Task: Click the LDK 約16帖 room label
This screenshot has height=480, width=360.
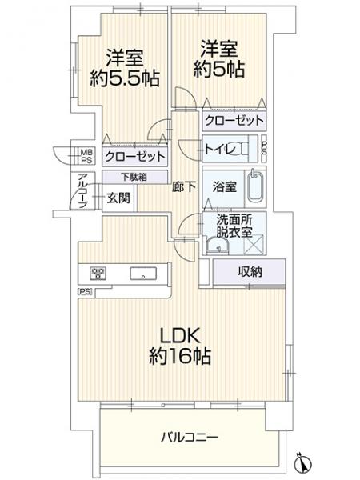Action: tap(180, 346)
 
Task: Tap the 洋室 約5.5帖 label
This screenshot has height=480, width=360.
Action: tap(125, 68)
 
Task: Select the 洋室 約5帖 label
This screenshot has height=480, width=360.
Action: tap(219, 59)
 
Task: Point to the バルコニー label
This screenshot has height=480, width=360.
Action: tap(190, 437)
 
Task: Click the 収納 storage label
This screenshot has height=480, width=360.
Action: tap(250, 271)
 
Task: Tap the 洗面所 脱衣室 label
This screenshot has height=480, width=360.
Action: tap(234, 226)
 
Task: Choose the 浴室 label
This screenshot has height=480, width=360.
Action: tap(224, 186)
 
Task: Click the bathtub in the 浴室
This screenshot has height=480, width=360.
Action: tap(256, 186)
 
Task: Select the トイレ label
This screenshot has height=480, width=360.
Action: tap(219, 150)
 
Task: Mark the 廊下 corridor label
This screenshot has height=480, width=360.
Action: tap(184, 186)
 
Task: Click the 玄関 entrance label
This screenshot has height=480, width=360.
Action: tap(118, 198)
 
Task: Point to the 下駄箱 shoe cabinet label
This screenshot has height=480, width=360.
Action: tap(134, 177)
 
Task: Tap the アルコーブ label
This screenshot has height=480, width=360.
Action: tap(82, 190)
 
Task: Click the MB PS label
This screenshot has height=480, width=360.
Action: tap(86, 155)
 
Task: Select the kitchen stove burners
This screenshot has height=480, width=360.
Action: tap(98, 273)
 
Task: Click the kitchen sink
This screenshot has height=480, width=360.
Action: tap(143, 274)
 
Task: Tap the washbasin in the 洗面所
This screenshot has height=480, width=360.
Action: tap(218, 246)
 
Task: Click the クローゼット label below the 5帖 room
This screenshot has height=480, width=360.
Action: tap(234, 120)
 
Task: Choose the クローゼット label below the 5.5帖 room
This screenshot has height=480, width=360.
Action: tap(135, 157)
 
